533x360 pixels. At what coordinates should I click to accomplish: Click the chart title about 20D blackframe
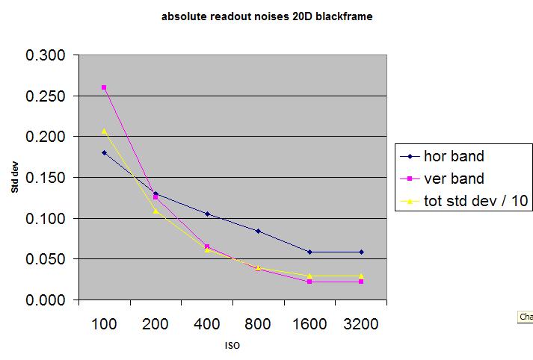(x=266, y=16)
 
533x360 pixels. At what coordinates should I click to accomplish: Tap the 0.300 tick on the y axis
(x=46, y=56)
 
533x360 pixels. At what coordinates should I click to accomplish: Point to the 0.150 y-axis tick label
(x=46, y=178)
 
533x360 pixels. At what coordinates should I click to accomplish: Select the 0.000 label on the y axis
(x=46, y=300)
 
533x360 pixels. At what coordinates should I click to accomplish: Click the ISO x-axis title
(x=232, y=346)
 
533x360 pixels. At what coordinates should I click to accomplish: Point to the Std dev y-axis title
(x=15, y=178)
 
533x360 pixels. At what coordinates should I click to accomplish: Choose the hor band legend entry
(x=454, y=157)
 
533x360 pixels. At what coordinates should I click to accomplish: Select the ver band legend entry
(x=454, y=179)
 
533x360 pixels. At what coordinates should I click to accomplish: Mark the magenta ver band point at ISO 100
(x=104, y=87)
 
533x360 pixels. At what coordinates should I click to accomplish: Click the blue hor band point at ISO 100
(x=104, y=152)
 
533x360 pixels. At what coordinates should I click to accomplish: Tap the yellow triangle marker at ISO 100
(x=104, y=131)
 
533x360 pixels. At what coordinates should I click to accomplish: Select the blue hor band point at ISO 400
(x=207, y=214)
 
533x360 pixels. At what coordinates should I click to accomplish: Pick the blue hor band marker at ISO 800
(x=258, y=231)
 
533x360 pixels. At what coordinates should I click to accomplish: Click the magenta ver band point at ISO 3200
(x=360, y=282)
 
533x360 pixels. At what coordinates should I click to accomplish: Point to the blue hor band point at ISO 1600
(x=309, y=252)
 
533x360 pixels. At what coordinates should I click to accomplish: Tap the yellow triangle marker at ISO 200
(x=155, y=211)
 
